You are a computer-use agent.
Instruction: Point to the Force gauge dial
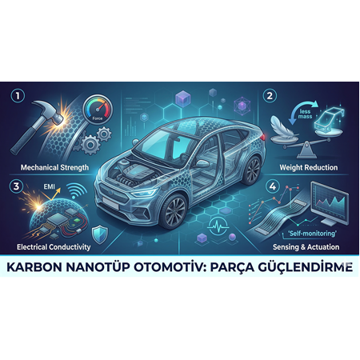(95, 110)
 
